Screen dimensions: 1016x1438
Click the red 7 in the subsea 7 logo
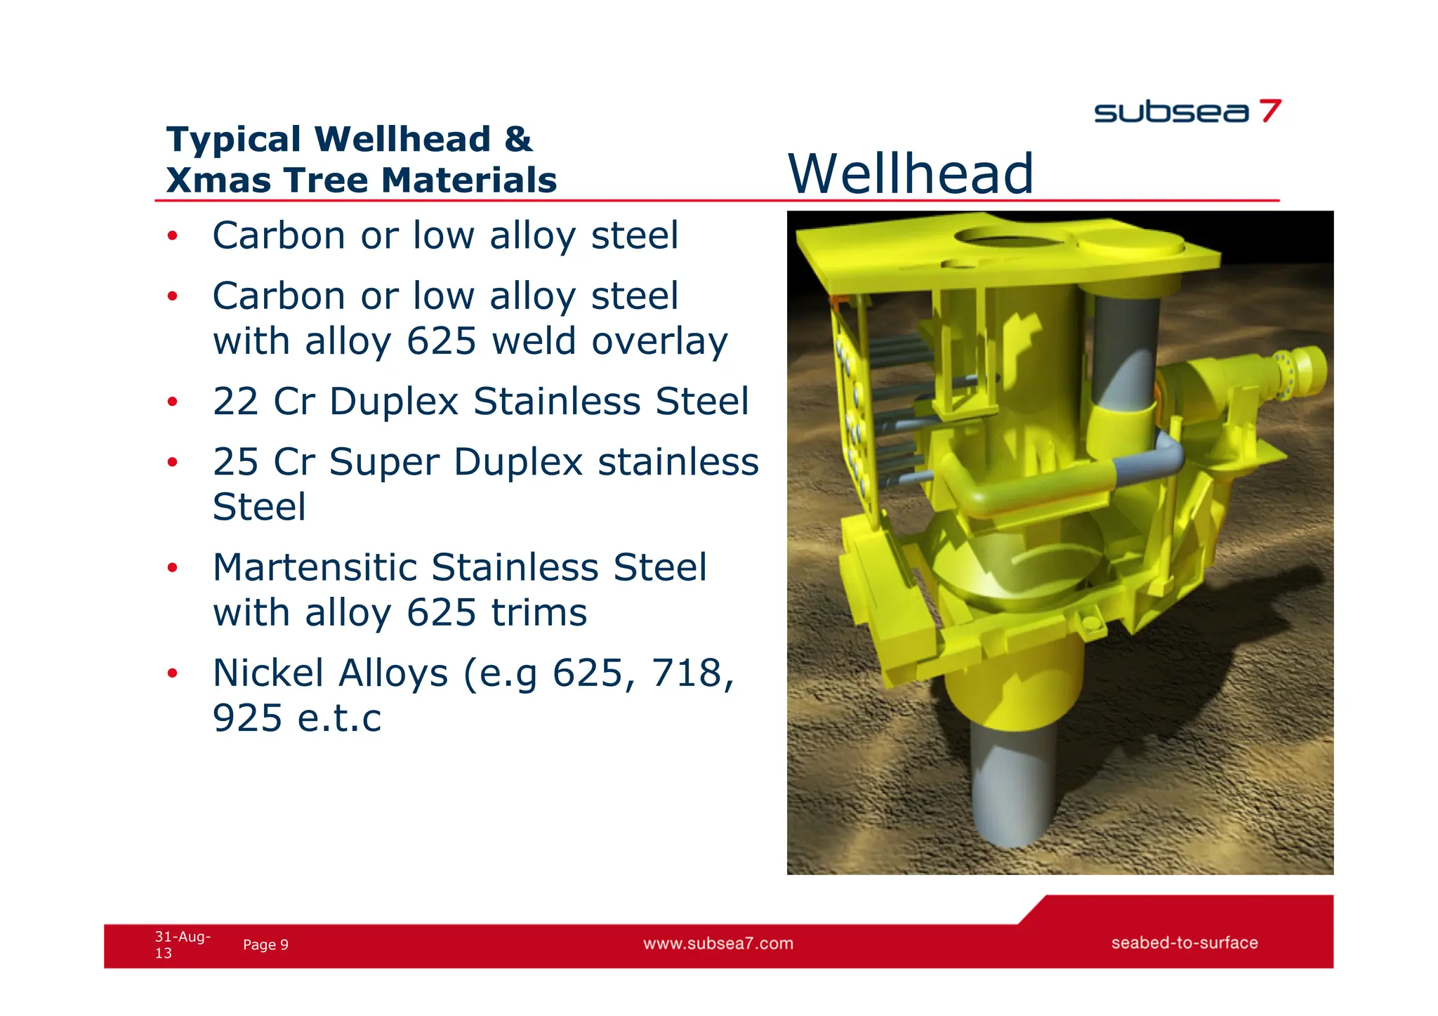1269,111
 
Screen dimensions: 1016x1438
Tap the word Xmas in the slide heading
218,180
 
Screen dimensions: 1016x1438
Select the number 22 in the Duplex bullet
236,402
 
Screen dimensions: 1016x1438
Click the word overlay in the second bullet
659,341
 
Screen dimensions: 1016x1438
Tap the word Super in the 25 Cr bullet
385,462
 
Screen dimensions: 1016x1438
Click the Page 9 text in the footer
265,944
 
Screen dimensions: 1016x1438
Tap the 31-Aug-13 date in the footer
181,944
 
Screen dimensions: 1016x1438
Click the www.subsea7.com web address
718,943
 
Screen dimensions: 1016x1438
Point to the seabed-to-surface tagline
1184,942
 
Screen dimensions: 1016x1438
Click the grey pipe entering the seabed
1011,786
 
